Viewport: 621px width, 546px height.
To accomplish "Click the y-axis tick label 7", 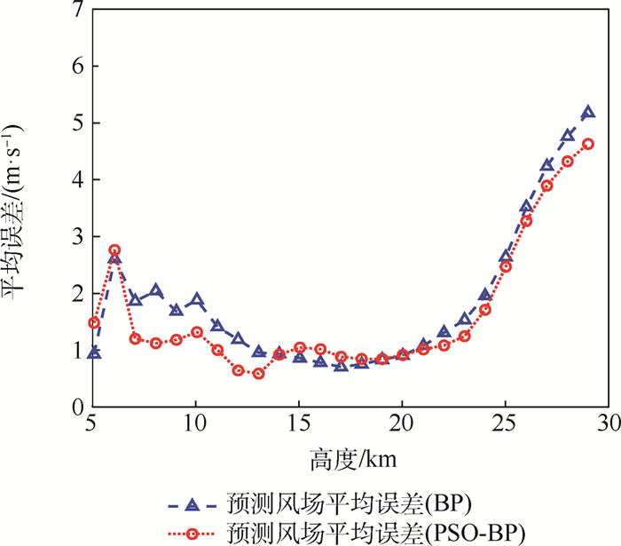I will (x=78, y=10).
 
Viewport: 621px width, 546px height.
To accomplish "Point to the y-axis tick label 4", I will (x=78, y=180).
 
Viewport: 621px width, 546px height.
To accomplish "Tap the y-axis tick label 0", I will (x=78, y=407).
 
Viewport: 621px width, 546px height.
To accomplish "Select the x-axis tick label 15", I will (x=299, y=426).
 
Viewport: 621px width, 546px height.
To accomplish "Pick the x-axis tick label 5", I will (x=94, y=426).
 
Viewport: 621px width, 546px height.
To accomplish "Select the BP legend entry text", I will (x=373, y=504).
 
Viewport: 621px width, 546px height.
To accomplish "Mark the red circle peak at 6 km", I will (x=114, y=250).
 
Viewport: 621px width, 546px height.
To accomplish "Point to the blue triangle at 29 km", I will (x=587, y=113).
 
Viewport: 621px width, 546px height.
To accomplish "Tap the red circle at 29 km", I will (x=587, y=144).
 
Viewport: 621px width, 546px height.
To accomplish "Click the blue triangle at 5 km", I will (x=94, y=352).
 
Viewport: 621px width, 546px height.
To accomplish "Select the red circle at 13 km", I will (x=258, y=374).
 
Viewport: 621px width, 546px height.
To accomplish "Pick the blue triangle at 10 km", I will (x=197, y=300).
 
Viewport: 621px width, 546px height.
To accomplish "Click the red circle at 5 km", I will (x=94, y=322).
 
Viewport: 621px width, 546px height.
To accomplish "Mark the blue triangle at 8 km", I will (x=156, y=290).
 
